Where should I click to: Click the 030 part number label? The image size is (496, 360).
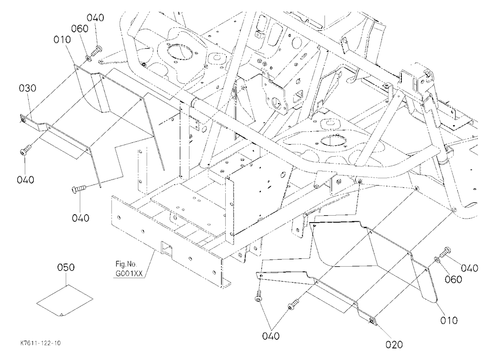27,88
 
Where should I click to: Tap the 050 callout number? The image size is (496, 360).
66,267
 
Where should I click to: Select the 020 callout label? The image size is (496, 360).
394,344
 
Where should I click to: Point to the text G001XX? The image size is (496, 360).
129,274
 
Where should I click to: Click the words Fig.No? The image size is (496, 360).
126,264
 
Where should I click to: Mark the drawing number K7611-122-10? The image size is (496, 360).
41,343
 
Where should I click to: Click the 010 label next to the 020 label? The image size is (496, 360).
449,320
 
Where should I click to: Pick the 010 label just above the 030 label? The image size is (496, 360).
62,40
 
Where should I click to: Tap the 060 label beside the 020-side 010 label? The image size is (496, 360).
453,279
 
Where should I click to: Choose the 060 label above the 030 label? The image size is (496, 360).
79,28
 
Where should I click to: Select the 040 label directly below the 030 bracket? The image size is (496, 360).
25,180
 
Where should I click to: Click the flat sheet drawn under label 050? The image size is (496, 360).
65,300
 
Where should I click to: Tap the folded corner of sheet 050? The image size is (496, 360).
62,314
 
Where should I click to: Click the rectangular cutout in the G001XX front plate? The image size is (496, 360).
166,248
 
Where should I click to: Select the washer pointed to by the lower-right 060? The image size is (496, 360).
436,259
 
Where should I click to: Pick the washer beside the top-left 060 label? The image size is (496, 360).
88,58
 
